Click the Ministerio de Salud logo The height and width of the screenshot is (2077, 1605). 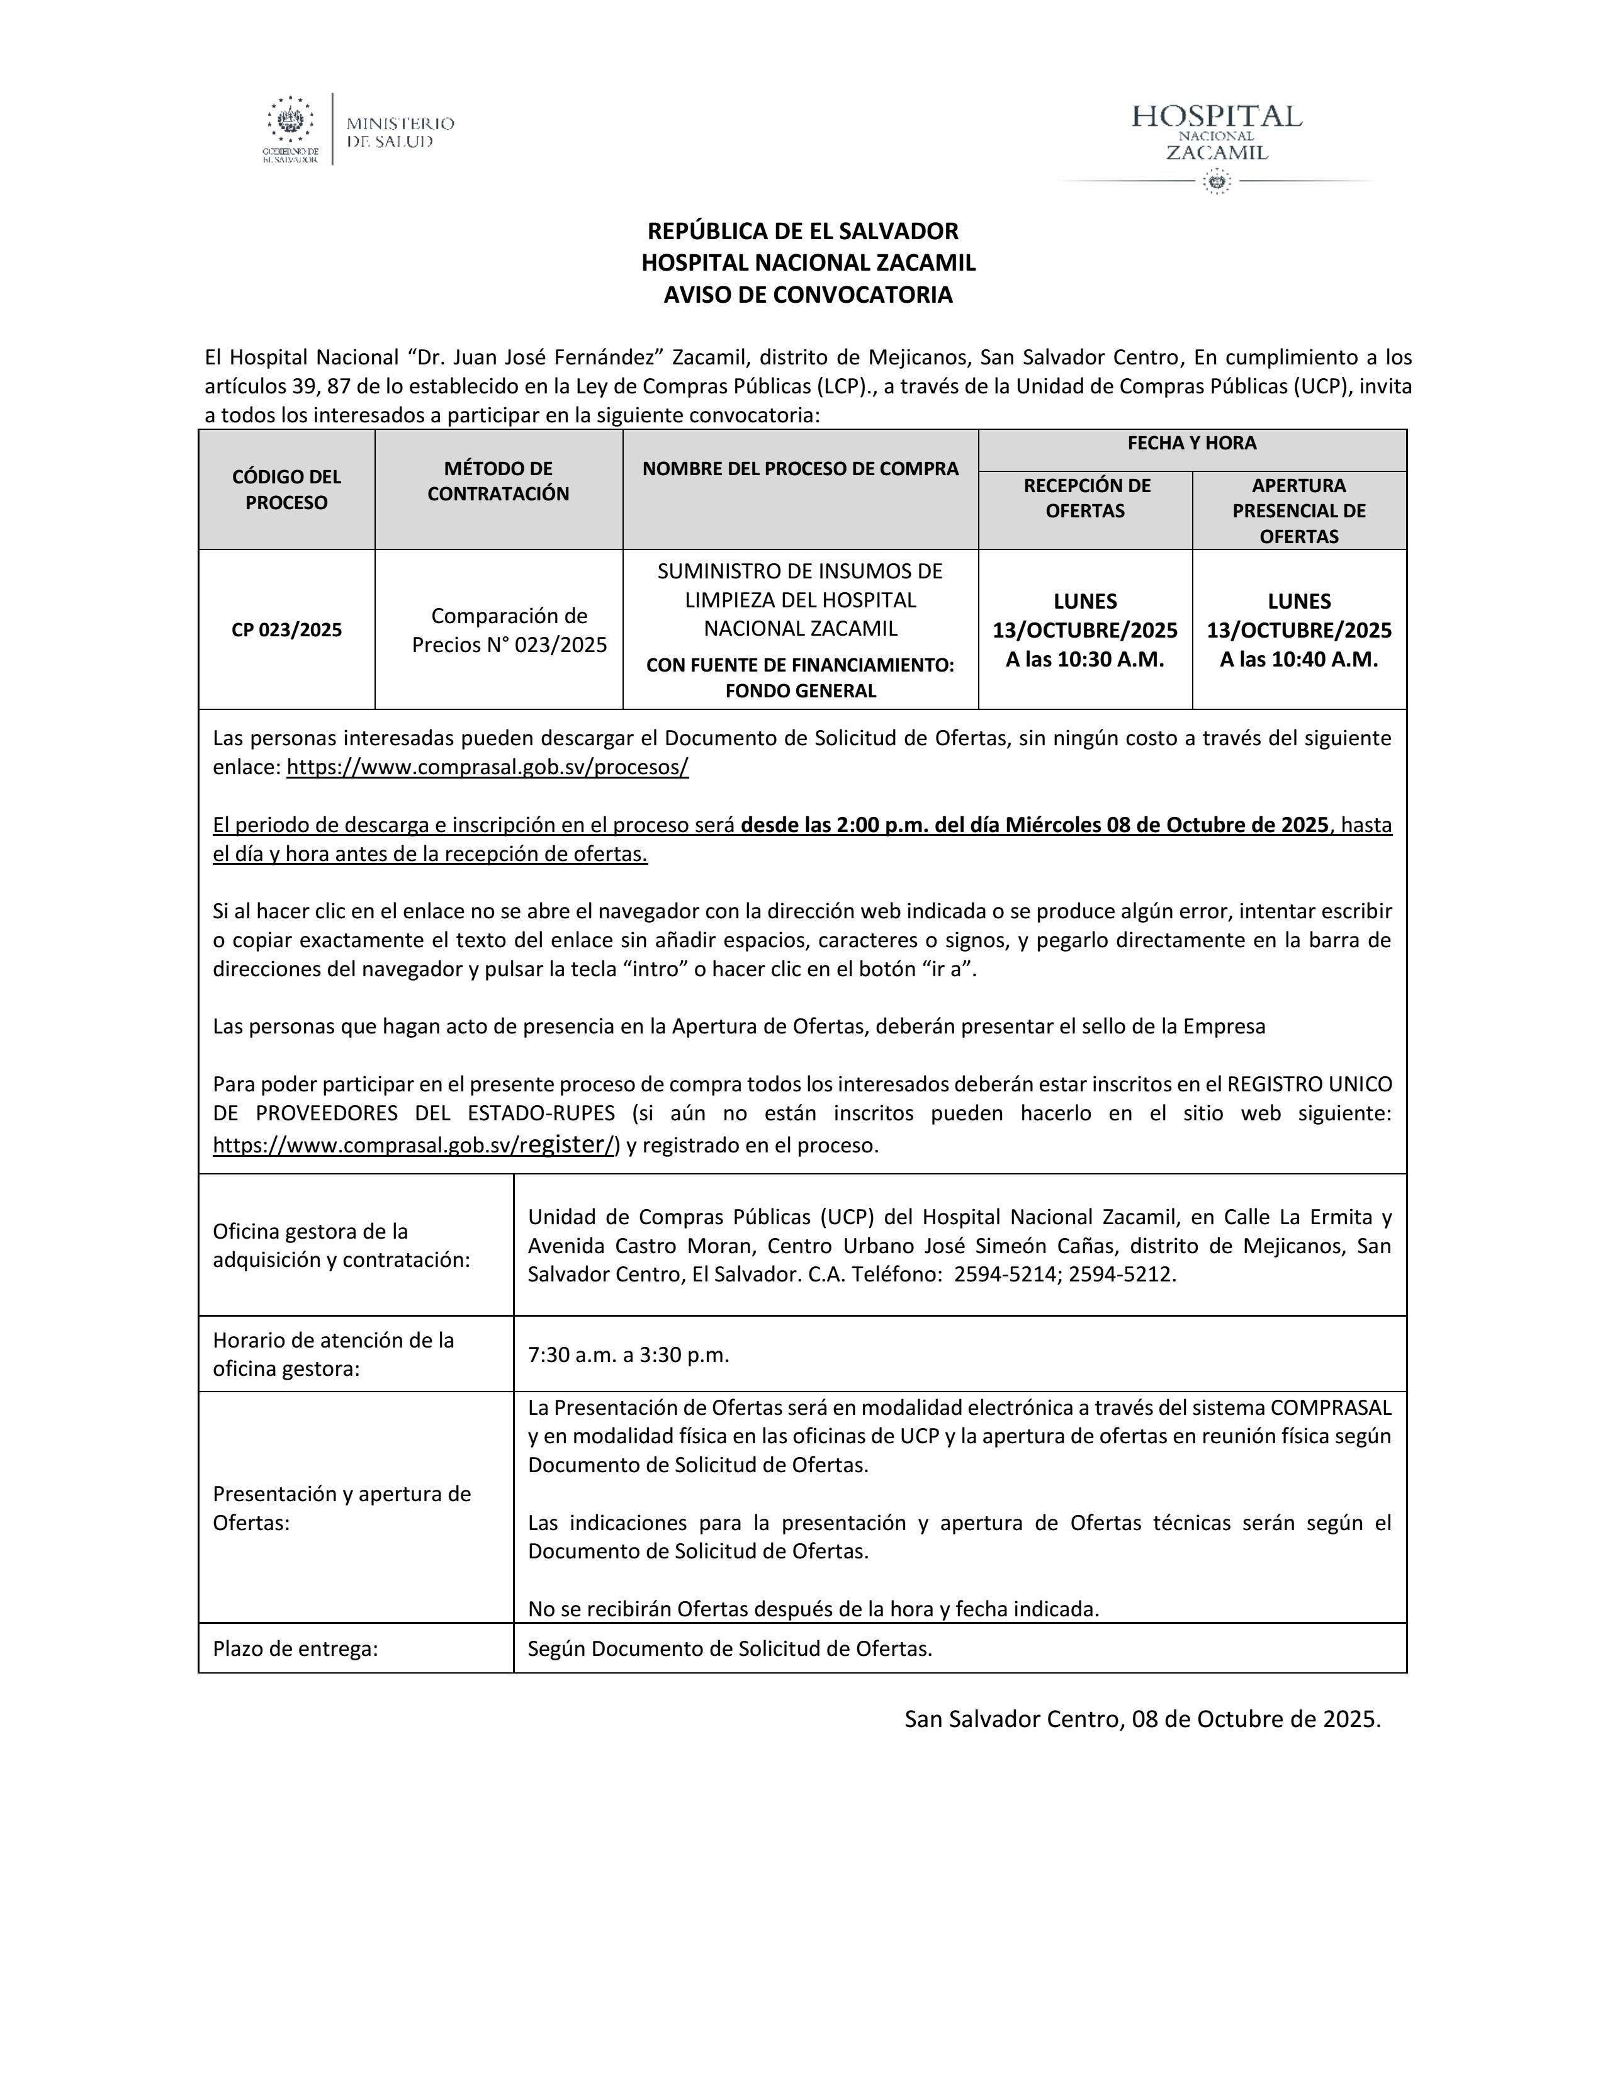(359, 129)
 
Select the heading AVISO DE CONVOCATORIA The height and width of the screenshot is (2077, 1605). (808, 295)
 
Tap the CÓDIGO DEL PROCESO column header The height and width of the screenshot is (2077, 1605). (286, 490)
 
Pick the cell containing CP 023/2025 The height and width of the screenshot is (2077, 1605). (286, 629)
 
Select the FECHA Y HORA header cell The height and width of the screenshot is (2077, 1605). (1191, 443)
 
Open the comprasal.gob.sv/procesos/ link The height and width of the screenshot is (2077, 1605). (487, 767)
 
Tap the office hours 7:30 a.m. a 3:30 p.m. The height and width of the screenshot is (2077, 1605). (629, 1355)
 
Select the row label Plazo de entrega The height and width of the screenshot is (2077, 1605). (296, 1649)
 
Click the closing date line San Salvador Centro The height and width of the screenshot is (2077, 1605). (1142, 1718)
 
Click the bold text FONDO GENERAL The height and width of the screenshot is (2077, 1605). (801, 691)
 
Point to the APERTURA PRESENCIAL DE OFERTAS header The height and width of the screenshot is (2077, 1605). (1299, 510)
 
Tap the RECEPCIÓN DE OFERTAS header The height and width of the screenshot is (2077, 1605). (1085, 498)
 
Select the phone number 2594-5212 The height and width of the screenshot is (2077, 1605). (1121, 1275)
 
